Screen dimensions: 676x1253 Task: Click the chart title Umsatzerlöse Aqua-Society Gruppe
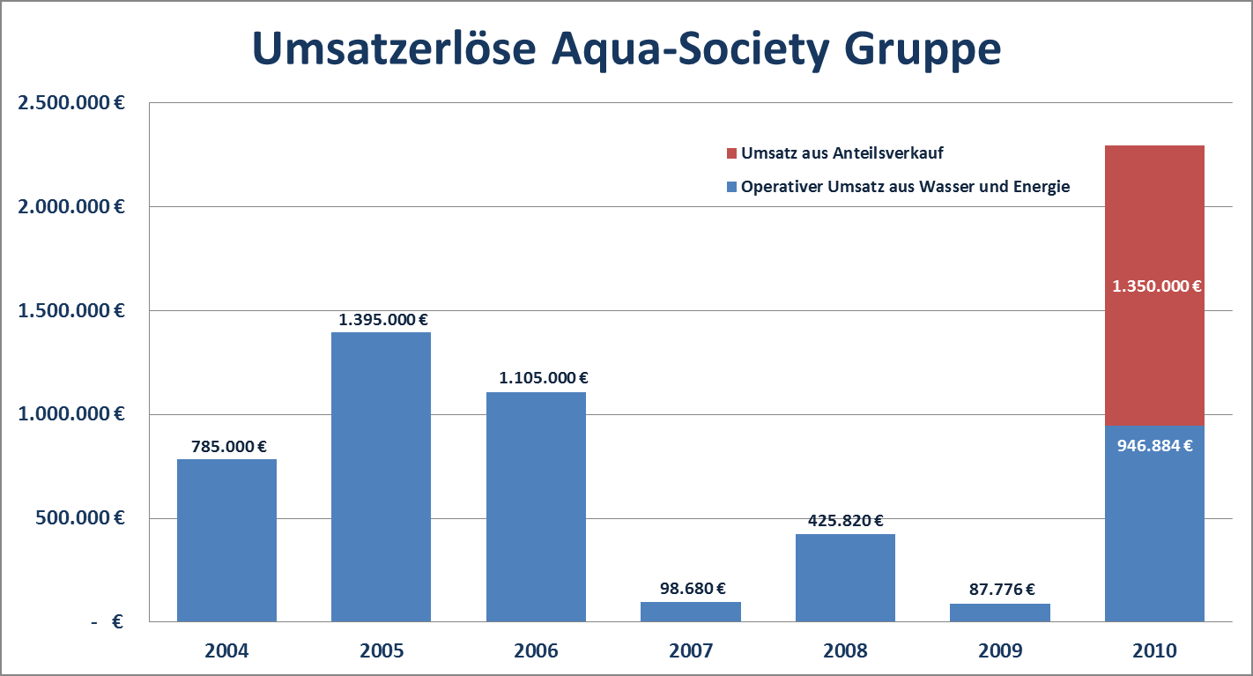pyautogui.click(x=626, y=49)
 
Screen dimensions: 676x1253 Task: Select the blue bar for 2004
pyautogui.click(x=226, y=540)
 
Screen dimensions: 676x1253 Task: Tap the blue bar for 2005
pyautogui.click(x=381, y=477)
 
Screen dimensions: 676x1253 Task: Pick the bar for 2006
pyautogui.click(x=536, y=507)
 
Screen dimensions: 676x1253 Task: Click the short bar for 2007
pyautogui.click(x=690, y=612)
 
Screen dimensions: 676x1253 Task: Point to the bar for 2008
pyautogui.click(x=845, y=577)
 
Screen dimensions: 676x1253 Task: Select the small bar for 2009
pyautogui.click(x=999, y=613)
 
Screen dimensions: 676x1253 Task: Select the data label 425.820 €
pyautogui.click(x=846, y=521)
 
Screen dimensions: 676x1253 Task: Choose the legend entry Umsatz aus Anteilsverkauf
pyautogui.click(x=842, y=153)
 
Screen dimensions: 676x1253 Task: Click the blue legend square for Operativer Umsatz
pyautogui.click(x=730, y=187)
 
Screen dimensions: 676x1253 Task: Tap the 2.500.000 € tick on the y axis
pyautogui.click(x=70, y=102)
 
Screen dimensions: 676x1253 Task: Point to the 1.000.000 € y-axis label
pyautogui.click(x=70, y=414)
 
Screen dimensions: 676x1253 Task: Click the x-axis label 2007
pyautogui.click(x=691, y=651)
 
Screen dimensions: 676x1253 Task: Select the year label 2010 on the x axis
pyautogui.click(x=1154, y=651)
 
